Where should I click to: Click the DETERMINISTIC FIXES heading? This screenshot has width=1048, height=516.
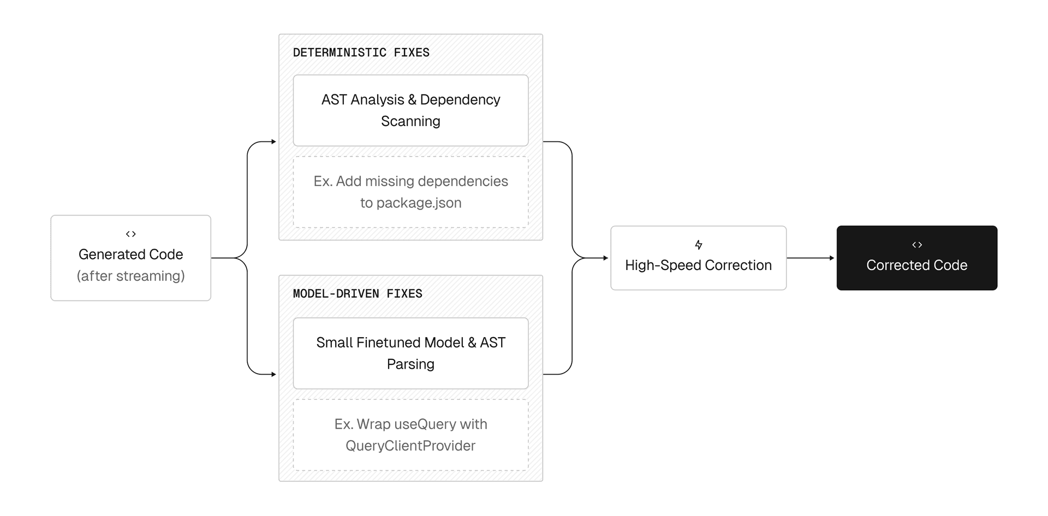(x=361, y=53)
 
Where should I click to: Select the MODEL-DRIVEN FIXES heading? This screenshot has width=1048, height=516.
(x=358, y=294)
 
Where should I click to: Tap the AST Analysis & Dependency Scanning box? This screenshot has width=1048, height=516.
(x=410, y=110)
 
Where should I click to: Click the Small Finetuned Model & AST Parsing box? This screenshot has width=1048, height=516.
(x=410, y=353)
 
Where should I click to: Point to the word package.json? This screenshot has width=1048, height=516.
(x=419, y=203)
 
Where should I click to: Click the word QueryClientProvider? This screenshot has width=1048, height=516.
(x=410, y=446)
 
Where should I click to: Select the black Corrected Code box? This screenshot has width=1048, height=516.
(x=916, y=258)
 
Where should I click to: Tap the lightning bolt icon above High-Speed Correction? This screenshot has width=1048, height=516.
(x=698, y=245)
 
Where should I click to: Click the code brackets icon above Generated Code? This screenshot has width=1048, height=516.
(x=130, y=234)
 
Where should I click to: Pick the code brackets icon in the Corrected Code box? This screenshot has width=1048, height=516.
(x=916, y=245)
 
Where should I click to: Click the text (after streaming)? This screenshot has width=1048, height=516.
(x=130, y=276)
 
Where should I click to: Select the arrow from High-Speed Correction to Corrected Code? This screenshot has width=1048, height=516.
(x=811, y=258)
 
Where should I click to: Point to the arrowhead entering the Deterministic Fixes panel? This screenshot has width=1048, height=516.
(x=273, y=142)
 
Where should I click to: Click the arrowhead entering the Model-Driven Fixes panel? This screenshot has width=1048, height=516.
(x=273, y=374)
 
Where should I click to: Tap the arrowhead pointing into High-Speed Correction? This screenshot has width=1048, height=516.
(x=605, y=258)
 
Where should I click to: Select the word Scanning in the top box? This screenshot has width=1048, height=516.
(x=410, y=121)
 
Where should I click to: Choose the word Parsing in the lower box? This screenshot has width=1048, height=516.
(x=410, y=364)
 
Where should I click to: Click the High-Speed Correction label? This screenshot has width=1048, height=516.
(x=698, y=266)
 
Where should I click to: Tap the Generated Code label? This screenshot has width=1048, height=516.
(x=130, y=255)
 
